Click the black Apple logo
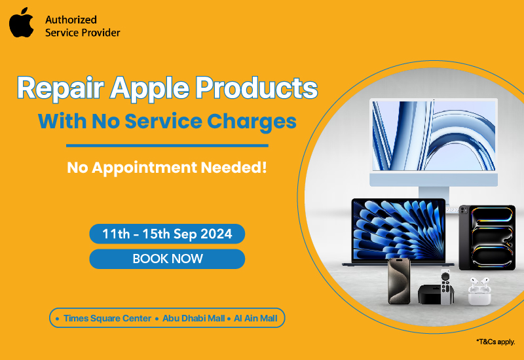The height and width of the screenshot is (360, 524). (22, 23)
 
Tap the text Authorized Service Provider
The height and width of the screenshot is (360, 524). (83, 26)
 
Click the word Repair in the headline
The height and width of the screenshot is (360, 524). (60, 88)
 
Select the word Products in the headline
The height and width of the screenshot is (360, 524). (256, 88)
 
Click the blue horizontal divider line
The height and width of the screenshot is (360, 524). (167, 145)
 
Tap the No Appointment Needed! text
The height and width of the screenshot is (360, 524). (167, 168)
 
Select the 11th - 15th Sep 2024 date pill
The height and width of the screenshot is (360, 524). (167, 234)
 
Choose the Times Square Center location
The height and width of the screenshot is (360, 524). (107, 318)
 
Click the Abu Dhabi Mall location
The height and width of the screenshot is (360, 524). (193, 318)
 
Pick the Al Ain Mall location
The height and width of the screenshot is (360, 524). (255, 318)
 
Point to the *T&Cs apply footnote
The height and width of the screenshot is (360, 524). (496, 342)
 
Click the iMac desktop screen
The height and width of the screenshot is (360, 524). (434, 135)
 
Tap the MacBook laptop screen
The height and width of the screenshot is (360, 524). (399, 230)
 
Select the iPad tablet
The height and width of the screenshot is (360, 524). (487, 238)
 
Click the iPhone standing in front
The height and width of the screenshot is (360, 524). (399, 281)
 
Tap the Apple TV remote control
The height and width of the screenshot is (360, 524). (445, 285)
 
